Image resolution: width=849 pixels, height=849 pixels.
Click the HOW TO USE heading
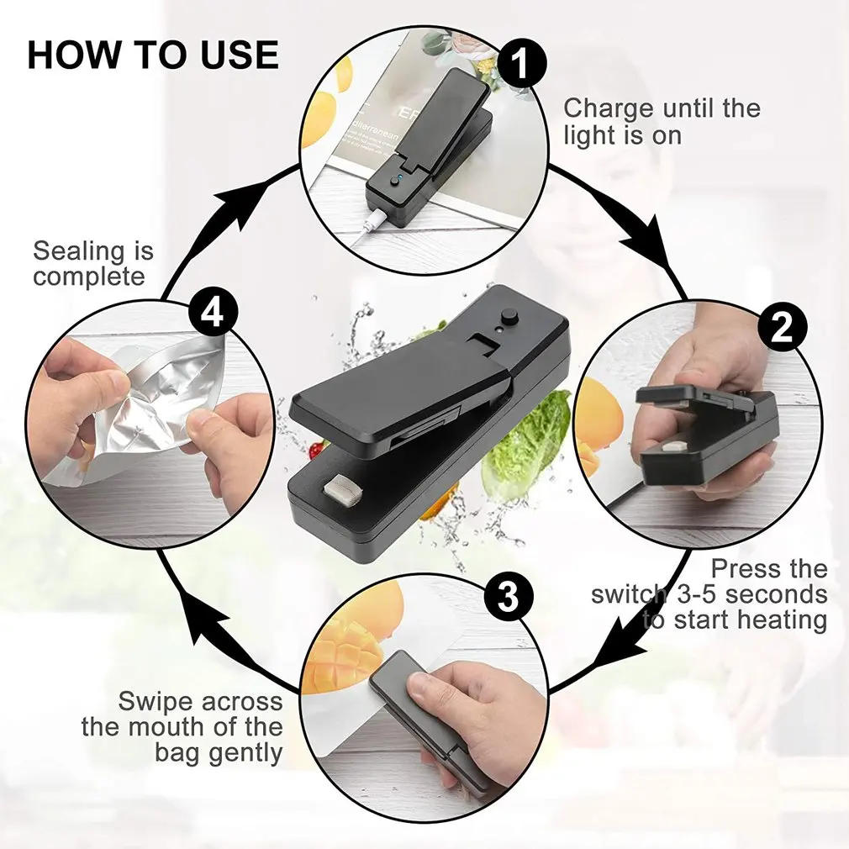pos(152,55)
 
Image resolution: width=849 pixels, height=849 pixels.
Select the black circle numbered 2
pos(781,328)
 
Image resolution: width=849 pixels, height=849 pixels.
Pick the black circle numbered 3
pos(508,596)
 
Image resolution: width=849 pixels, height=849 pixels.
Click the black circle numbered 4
pos(213,314)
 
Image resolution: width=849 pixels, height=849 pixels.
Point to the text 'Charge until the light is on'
pos(661,121)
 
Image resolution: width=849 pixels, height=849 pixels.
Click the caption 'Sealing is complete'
pos(92,263)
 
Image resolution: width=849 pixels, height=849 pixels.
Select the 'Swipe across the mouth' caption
pos(182,726)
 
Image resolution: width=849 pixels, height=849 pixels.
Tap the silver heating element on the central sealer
pos(343,491)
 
